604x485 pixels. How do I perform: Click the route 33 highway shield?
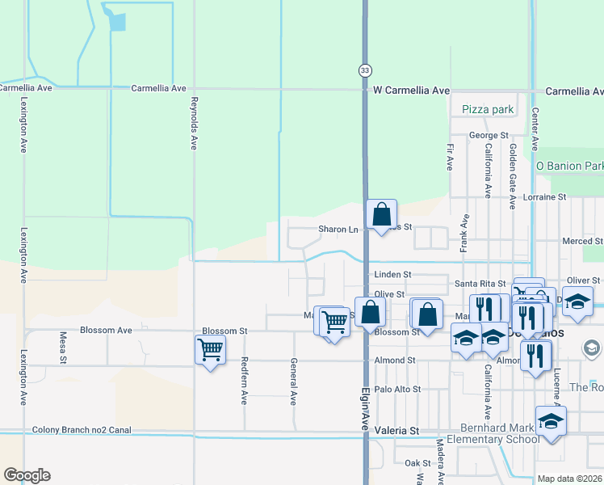[x=365, y=71]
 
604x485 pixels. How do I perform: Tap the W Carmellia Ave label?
[x=411, y=91]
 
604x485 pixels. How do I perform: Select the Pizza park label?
[x=488, y=109]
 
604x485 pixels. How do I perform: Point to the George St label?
[x=489, y=135]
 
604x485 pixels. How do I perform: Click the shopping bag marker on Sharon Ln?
[x=381, y=215]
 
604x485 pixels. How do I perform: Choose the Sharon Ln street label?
[x=338, y=230]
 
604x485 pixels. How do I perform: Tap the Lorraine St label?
[x=544, y=196]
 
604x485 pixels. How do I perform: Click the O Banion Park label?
[x=570, y=167]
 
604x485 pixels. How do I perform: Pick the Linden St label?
[x=393, y=275]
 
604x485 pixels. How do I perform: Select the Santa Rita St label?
[x=480, y=284]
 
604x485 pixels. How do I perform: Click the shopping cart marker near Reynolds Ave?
[x=210, y=350]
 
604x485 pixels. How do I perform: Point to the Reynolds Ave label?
[x=193, y=124]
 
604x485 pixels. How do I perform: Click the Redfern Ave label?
[x=244, y=382]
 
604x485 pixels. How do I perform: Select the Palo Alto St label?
[x=397, y=389]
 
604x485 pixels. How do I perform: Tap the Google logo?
[x=27, y=475]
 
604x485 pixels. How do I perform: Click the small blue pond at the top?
[x=117, y=22]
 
